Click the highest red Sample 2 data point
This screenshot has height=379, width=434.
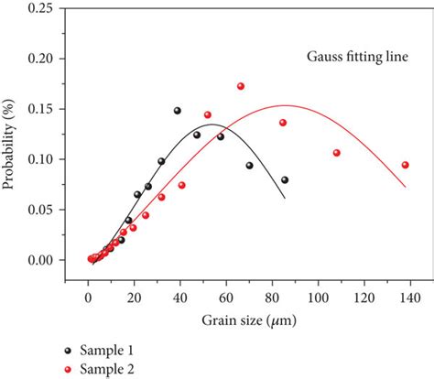tap(241, 87)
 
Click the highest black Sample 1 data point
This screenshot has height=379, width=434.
tap(178, 111)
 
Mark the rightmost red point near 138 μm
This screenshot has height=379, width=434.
tap(406, 165)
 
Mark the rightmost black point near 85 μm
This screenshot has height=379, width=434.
tap(285, 179)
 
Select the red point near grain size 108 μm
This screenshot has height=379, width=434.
tap(336, 153)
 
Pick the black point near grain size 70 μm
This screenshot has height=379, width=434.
tap(249, 166)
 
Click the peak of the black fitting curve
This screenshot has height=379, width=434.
tap(212, 125)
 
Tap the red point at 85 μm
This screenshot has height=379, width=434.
tap(283, 123)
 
